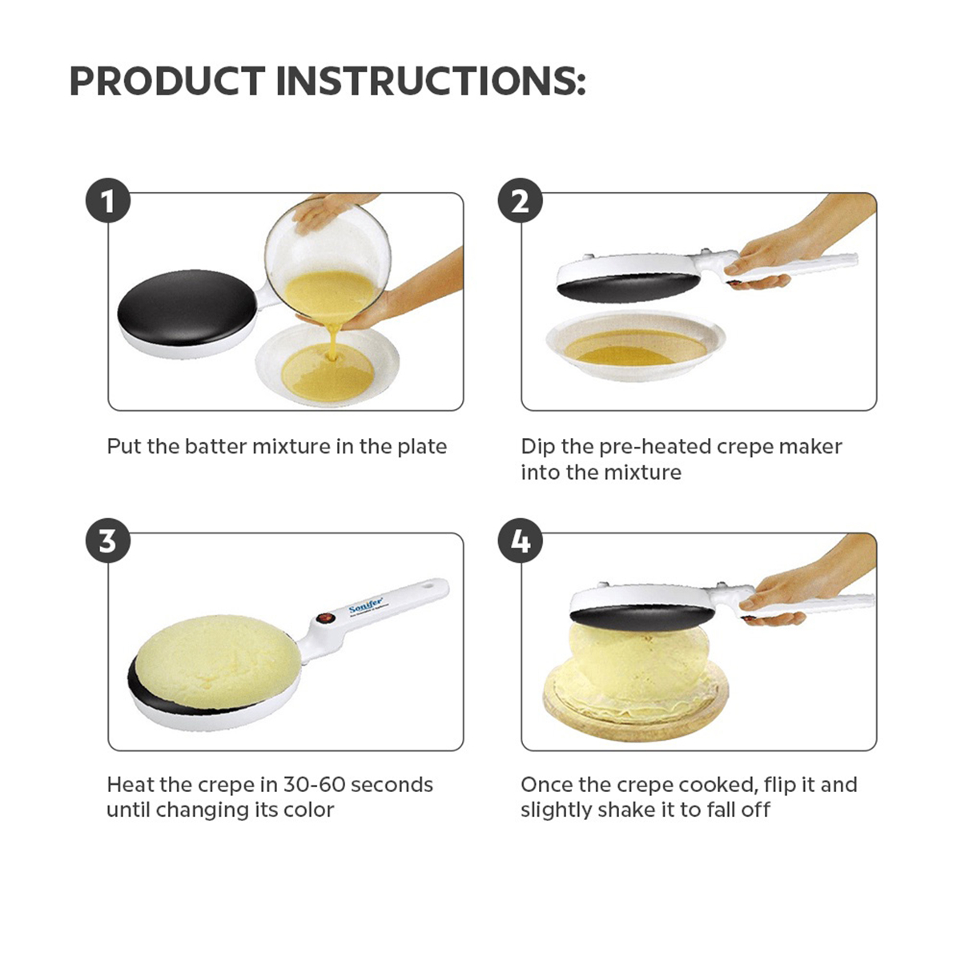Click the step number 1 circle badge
(x=108, y=202)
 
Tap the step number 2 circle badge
(x=521, y=202)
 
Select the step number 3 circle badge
(x=108, y=541)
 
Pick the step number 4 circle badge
(x=521, y=541)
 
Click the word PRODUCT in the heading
(x=167, y=82)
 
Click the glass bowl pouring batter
(x=328, y=256)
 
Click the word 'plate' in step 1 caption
(x=422, y=447)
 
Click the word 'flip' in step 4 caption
(x=780, y=785)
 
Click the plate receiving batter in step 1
(x=328, y=368)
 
